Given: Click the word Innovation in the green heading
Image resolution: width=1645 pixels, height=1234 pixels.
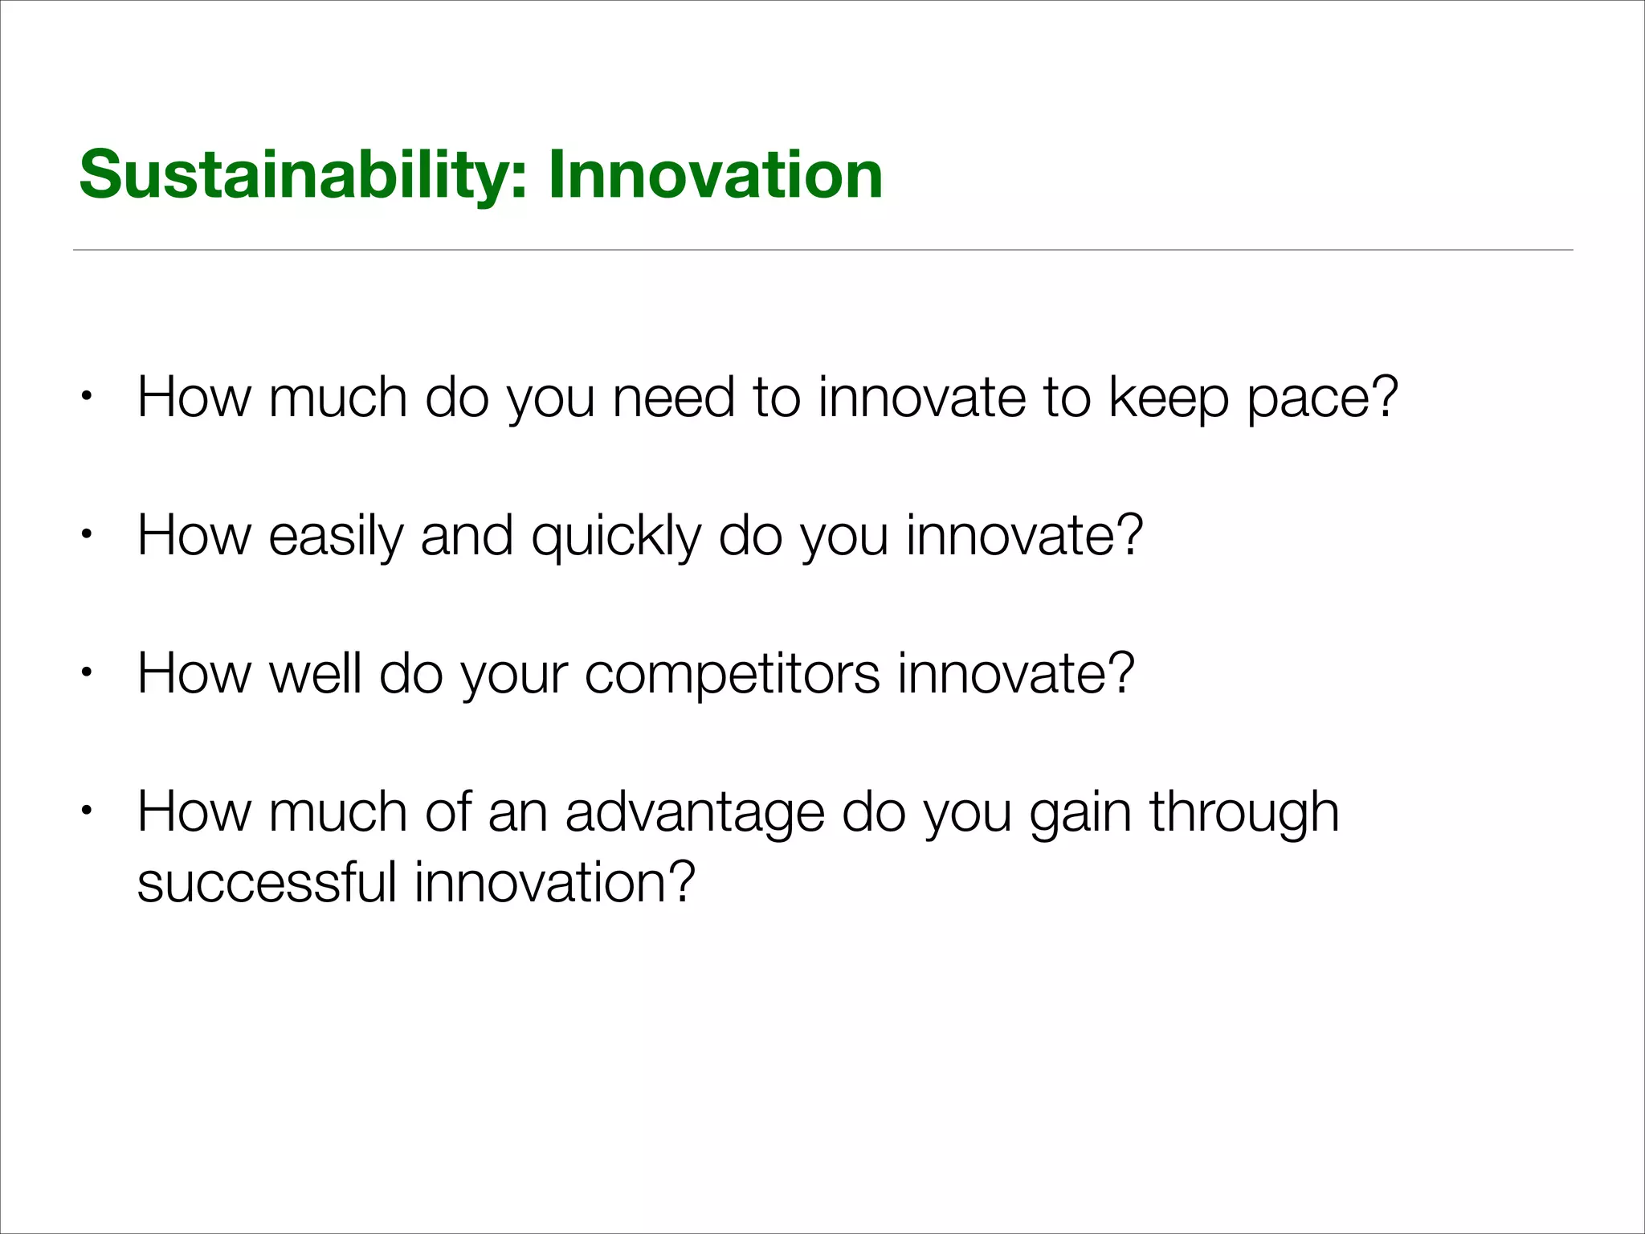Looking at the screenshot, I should [x=716, y=175].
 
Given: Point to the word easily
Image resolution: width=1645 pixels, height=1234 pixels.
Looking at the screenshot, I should [x=336, y=536].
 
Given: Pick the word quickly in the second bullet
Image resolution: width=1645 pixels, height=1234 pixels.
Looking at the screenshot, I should [x=616, y=536].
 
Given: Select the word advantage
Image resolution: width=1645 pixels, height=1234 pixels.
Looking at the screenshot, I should [x=695, y=812].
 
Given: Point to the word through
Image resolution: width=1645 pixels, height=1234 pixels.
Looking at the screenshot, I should [x=1244, y=812].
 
